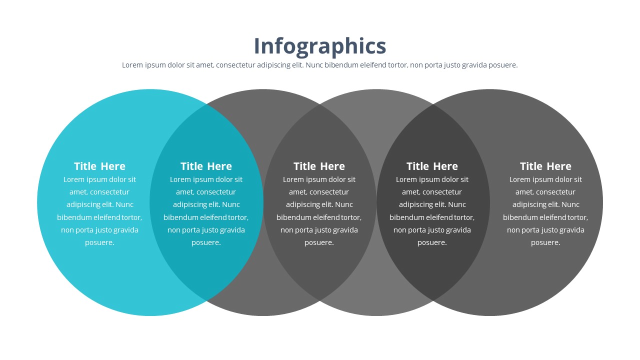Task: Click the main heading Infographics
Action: tap(320, 46)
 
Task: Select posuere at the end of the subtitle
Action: tap(503, 65)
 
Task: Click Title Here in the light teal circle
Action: tap(99, 166)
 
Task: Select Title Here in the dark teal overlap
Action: tap(206, 166)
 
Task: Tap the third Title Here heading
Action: tap(319, 166)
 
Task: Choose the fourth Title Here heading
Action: tap(432, 166)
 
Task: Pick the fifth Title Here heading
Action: tap(545, 166)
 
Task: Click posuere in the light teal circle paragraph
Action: tap(99, 243)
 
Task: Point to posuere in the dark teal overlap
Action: tap(206, 243)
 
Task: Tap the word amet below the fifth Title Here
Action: tap(523, 192)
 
